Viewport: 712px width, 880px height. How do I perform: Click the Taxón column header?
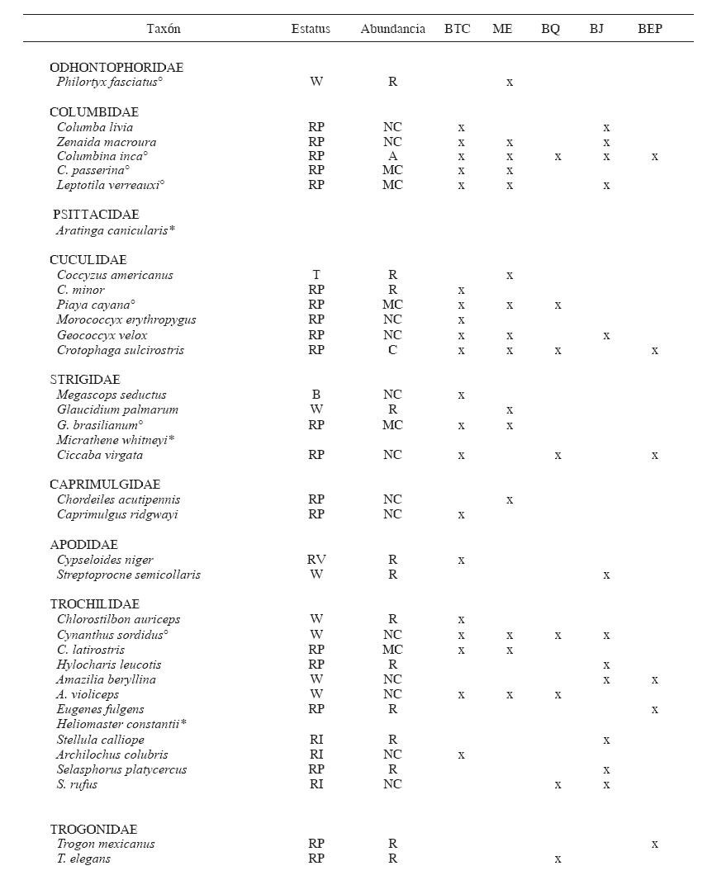[x=164, y=29]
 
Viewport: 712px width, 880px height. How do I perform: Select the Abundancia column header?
[x=392, y=29]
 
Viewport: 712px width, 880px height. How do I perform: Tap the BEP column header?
[x=650, y=29]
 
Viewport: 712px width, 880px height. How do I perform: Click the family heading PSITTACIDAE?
[x=96, y=215]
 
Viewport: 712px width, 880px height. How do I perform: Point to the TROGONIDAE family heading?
[x=93, y=829]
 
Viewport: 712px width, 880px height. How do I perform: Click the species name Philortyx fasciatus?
[x=110, y=82]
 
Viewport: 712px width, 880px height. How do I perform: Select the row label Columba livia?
[x=95, y=127]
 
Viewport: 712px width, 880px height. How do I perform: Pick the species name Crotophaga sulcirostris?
[x=121, y=350]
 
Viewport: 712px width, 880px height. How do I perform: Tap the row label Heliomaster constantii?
[x=121, y=724]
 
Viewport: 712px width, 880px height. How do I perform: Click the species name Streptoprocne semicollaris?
[x=129, y=575]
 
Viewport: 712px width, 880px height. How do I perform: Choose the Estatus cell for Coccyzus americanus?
[x=316, y=275]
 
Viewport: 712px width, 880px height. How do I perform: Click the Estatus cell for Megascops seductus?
[x=316, y=395]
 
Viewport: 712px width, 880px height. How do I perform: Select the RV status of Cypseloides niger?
[x=316, y=560]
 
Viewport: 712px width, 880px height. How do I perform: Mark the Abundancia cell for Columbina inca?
[x=392, y=156]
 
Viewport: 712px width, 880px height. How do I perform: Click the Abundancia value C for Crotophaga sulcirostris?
[x=392, y=350]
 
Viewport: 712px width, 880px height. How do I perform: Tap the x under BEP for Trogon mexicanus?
[x=655, y=844]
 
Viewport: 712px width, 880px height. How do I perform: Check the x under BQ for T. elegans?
[x=558, y=859]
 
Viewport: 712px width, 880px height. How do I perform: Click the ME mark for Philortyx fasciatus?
[x=510, y=83]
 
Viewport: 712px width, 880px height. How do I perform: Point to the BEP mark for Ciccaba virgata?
[x=655, y=455]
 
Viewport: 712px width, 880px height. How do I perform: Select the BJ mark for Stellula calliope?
[x=606, y=740]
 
